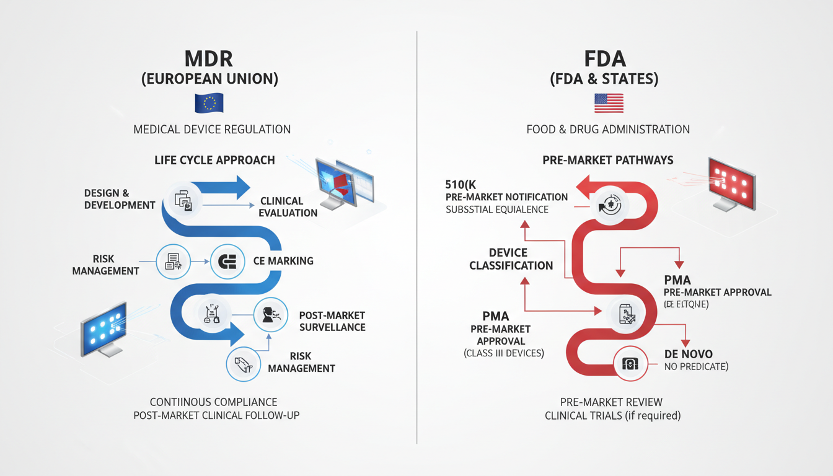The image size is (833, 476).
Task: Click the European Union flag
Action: (x=209, y=103)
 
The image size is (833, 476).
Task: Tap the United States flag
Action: (x=608, y=103)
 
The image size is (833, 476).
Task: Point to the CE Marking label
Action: (x=283, y=261)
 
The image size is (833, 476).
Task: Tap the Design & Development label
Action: (x=120, y=200)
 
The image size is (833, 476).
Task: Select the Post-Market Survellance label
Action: (x=332, y=321)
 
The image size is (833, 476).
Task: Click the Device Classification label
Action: (x=511, y=259)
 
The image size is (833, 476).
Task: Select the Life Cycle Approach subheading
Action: (x=214, y=161)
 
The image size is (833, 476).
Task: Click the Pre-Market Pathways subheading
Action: (x=607, y=161)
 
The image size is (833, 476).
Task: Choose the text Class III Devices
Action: (x=504, y=353)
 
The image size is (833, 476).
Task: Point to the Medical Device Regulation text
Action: (x=212, y=130)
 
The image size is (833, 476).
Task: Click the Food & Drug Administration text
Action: (x=607, y=130)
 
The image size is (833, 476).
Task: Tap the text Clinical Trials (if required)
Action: (x=612, y=415)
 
